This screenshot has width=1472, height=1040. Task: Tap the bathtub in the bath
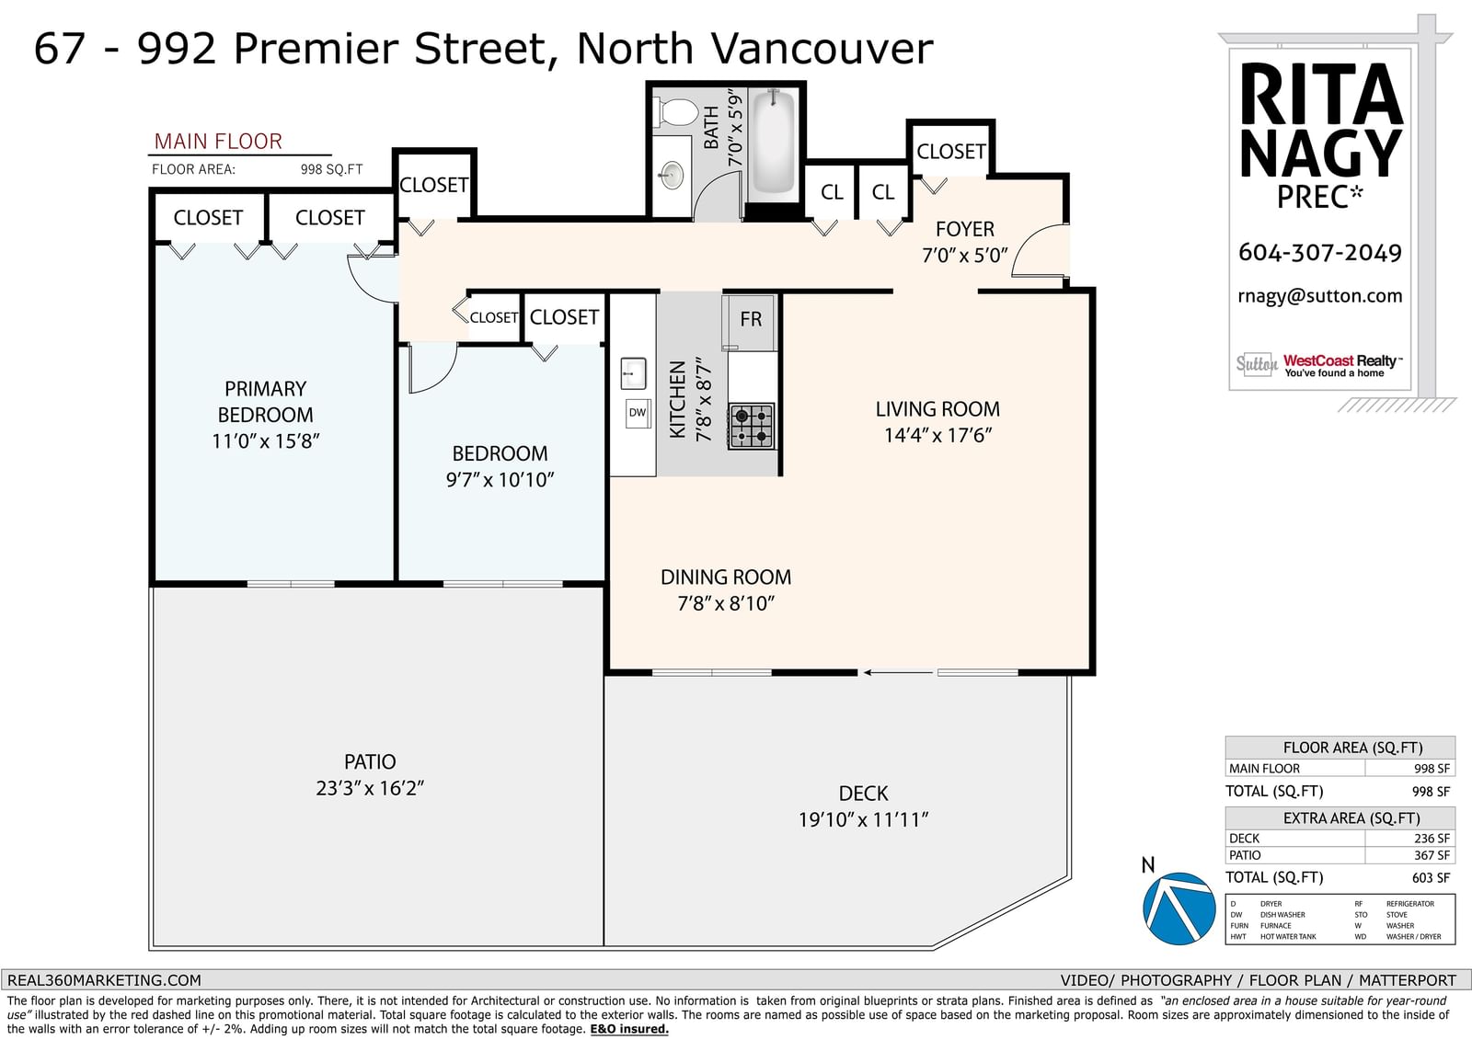coord(774,141)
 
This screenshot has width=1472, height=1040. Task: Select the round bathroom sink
coord(672,175)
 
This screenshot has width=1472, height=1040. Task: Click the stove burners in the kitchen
coord(752,426)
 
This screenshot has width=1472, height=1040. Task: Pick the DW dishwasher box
coord(638,413)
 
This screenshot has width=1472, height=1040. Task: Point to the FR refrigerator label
coord(751,319)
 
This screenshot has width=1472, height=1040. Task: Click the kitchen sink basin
coord(634,374)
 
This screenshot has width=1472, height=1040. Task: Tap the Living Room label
coord(937,409)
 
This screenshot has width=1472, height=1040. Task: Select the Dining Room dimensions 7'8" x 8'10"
coord(726,603)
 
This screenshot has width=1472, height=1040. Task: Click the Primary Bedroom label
coord(266,402)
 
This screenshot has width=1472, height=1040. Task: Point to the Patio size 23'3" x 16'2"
coord(370,788)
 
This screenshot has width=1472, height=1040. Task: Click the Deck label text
coord(864,794)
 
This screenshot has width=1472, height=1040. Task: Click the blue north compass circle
coord(1179,909)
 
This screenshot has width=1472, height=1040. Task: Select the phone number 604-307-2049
coord(1320,253)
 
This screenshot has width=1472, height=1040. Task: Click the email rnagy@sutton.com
coord(1320,296)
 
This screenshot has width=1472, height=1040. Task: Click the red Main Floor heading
coord(218,142)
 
